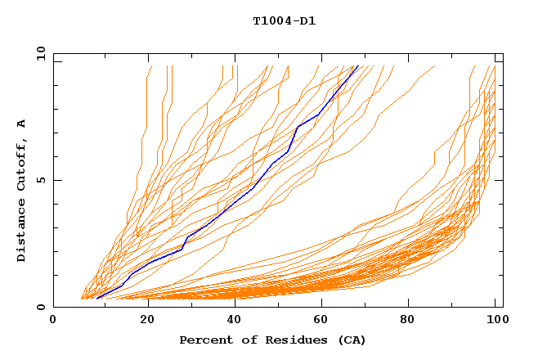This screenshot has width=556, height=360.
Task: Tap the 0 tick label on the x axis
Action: coord(53,322)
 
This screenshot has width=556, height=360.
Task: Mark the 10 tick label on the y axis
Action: coord(39,54)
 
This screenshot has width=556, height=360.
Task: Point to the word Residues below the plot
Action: coord(290,340)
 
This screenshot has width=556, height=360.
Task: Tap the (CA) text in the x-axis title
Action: coord(350,340)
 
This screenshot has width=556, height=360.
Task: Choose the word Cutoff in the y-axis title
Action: coord(22,166)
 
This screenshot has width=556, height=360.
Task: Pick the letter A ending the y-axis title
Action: coord(22,123)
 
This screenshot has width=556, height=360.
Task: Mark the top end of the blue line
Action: coord(357,66)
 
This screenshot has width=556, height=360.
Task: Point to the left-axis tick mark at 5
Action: coord(56,181)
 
